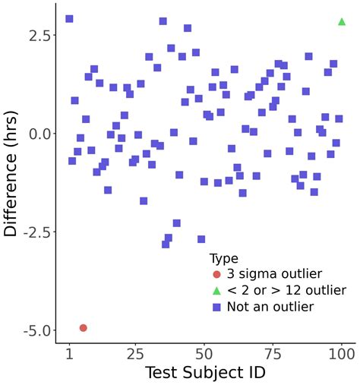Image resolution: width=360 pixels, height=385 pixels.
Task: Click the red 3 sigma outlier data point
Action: click(83, 328)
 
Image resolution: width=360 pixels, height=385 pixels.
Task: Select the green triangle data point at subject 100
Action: click(342, 21)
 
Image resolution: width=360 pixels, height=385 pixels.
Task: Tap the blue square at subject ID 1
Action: click(69, 19)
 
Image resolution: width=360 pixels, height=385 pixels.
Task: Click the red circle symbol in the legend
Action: click(216, 274)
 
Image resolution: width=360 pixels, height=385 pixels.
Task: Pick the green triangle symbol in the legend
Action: click(216, 291)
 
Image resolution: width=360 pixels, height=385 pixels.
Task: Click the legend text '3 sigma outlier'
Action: click(269, 274)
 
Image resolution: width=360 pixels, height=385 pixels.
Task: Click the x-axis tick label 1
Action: click(69, 354)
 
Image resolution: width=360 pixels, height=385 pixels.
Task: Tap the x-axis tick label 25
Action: click(135, 354)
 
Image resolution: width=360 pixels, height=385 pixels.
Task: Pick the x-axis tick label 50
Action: click(204, 354)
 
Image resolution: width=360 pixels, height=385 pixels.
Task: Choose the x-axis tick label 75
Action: click(273, 354)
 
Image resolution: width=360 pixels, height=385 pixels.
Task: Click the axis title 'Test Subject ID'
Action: click(205, 373)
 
